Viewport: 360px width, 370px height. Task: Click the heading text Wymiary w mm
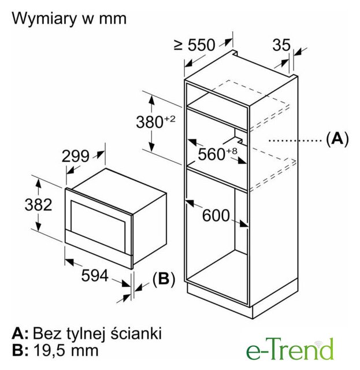coord(69,18)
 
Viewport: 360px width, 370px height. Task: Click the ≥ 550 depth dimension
coord(195,45)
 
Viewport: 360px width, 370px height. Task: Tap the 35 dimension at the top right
coord(281,45)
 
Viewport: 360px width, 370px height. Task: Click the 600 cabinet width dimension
coord(216,216)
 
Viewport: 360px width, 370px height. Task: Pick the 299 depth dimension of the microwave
coord(76,156)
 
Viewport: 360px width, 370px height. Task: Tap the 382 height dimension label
coord(39,205)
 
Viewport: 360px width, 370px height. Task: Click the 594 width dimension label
coord(95,275)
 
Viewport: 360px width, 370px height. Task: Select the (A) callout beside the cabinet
coord(337,139)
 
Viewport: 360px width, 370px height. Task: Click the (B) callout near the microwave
coord(164,279)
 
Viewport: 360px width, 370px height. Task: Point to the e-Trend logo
coord(290,349)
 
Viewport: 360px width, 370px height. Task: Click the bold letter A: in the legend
coord(20,334)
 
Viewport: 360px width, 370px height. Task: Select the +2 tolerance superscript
coord(170,119)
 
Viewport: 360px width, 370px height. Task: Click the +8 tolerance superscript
coord(231,151)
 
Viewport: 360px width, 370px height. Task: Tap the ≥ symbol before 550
coord(179,45)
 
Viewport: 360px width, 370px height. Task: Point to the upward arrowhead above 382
coord(38,183)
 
